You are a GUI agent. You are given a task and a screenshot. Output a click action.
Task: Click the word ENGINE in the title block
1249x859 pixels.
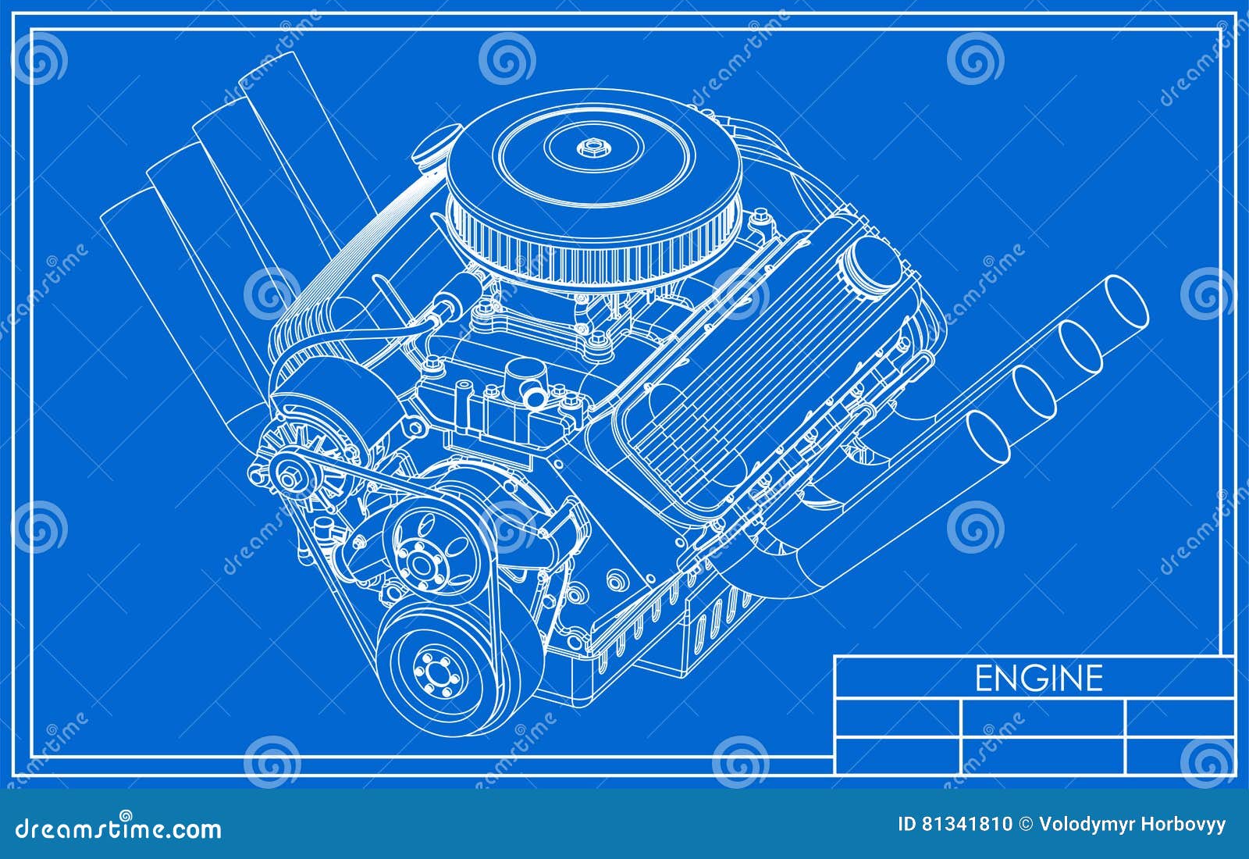(1038, 678)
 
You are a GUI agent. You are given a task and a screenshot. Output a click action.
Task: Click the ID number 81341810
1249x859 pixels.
(966, 824)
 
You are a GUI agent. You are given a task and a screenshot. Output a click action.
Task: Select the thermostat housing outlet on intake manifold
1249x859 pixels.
(525, 383)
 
